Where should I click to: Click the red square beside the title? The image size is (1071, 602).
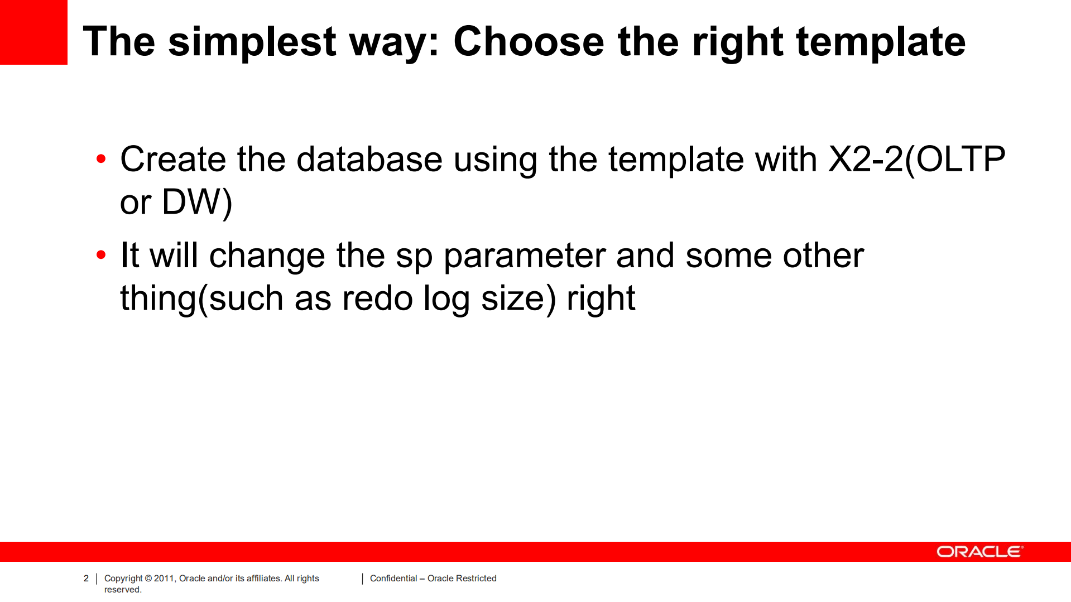(x=33, y=32)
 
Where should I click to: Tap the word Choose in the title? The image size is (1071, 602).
(x=529, y=41)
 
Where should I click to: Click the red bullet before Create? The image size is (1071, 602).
(x=101, y=159)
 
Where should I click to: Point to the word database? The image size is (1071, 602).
(x=369, y=159)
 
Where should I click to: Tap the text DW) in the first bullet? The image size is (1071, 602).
(x=197, y=203)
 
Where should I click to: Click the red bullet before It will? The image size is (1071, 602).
(x=101, y=255)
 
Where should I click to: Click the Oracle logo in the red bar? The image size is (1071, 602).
(x=980, y=552)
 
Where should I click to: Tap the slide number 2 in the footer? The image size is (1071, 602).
(x=86, y=579)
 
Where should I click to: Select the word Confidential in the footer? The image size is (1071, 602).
(x=393, y=579)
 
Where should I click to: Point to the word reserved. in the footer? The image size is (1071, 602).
(x=123, y=590)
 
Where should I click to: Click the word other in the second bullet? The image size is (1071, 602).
(x=823, y=256)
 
